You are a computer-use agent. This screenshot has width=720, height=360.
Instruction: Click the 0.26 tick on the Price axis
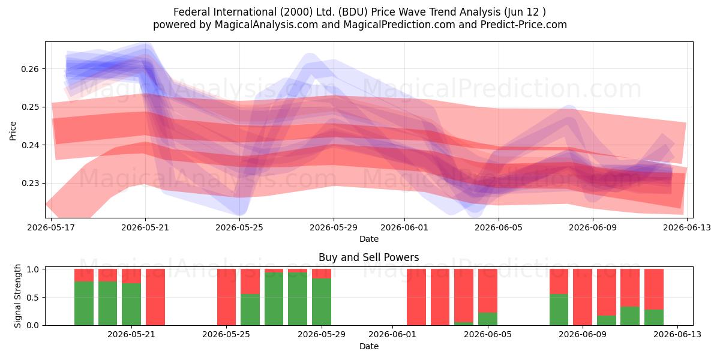pyautogui.click(x=29, y=69)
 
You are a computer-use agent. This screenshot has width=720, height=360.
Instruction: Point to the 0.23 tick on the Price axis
pyautogui.click(x=29, y=184)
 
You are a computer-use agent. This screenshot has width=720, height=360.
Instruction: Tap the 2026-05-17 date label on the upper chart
pyautogui.click(x=51, y=227)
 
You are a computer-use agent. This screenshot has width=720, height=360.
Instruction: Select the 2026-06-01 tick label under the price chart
pyautogui.click(x=404, y=227)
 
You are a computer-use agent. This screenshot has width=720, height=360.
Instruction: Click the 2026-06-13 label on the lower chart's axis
pyautogui.click(x=677, y=335)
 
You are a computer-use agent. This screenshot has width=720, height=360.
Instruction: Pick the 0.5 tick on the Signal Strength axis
pyautogui.click(x=33, y=298)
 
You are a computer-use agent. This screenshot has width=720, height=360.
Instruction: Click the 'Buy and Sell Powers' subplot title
pyautogui.click(x=368, y=257)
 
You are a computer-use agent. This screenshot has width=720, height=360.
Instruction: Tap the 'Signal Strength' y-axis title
pyautogui.click(x=17, y=296)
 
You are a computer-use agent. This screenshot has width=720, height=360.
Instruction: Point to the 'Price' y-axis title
pyautogui.click(x=13, y=131)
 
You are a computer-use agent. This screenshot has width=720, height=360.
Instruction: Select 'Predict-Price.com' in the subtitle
pyautogui.click(x=524, y=25)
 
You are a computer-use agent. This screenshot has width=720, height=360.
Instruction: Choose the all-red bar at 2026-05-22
pyautogui.click(x=155, y=297)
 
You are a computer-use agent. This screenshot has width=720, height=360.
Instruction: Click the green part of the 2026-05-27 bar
pyautogui.click(x=274, y=299)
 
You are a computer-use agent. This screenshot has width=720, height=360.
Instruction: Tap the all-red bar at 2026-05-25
pyautogui.click(x=226, y=297)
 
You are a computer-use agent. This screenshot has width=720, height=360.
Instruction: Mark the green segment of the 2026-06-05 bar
pyautogui.click(x=488, y=319)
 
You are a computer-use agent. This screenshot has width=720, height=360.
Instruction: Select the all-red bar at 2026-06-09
pyautogui.click(x=583, y=297)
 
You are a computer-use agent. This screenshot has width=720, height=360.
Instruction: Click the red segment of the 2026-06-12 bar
pyautogui.click(x=654, y=289)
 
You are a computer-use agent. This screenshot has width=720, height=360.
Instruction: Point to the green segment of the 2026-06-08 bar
pyautogui.click(x=559, y=310)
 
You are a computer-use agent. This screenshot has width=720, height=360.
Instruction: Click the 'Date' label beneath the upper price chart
pyautogui.click(x=368, y=239)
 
